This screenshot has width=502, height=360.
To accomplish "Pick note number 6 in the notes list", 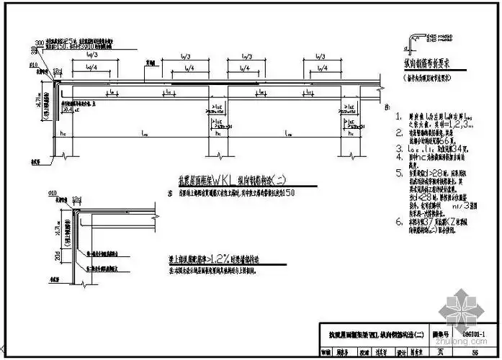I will click(398, 222).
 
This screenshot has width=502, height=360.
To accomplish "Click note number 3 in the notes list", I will click(398, 148).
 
